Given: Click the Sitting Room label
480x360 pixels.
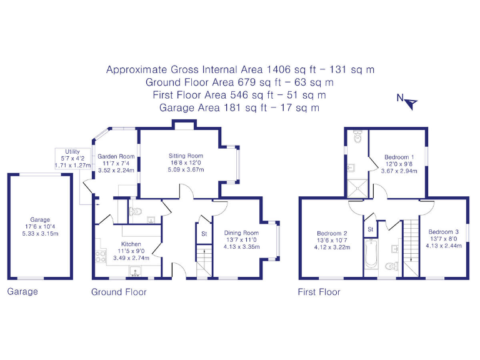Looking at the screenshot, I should click(x=186, y=156).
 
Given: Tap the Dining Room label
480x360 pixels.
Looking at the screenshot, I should click(x=241, y=233).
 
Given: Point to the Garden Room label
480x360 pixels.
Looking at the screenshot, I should click(x=118, y=156).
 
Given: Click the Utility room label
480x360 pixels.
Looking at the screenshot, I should click(x=72, y=152).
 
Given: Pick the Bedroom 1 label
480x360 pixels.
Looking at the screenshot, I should click(x=398, y=157).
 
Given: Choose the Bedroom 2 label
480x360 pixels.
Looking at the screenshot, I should click(x=332, y=233).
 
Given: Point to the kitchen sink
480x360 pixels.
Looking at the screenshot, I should click(x=136, y=271).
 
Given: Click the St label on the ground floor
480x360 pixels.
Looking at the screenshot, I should click(x=204, y=234).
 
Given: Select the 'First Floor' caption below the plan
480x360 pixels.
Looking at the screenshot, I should click(x=319, y=292).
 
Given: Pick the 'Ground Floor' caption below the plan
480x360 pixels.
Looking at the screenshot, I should click(x=119, y=292).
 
